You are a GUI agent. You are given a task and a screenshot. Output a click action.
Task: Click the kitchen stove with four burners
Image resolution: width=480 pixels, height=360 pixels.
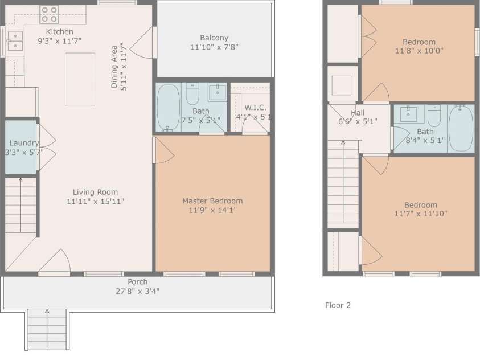click(x=50, y=14)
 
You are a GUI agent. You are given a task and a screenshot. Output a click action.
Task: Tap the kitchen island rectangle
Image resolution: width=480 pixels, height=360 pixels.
click(x=80, y=79)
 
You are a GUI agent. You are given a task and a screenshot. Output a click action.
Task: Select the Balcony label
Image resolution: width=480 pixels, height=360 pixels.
click(x=214, y=38)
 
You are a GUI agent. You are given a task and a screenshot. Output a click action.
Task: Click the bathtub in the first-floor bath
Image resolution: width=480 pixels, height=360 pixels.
click(x=168, y=108)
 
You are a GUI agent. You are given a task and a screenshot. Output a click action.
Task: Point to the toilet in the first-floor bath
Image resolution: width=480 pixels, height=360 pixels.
click(x=192, y=93)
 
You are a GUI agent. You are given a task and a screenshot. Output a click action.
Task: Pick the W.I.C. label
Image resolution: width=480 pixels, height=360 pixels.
click(x=255, y=108)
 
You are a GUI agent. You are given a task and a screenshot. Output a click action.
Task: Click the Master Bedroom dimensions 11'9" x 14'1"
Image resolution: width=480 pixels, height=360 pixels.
click(x=213, y=210)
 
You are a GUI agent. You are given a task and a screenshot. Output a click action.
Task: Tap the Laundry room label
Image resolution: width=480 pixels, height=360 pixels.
click(x=24, y=142)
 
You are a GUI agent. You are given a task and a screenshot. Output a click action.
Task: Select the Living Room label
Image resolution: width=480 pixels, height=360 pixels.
click(x=95, y=192)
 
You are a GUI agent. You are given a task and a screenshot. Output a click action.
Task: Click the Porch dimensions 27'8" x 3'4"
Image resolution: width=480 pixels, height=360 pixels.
click(x=137, y=291)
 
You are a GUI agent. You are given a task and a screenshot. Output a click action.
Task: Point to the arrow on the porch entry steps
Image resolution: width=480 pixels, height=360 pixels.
click(x=47, y=329)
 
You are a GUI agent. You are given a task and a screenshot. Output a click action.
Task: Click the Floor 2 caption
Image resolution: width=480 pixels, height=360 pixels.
click(x=338, y=305)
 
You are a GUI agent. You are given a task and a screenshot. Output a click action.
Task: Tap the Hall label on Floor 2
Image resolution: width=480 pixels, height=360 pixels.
click(x=358, y=113)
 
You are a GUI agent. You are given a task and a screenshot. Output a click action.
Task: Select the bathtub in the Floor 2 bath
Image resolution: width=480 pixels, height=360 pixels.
click(x=461, y=128)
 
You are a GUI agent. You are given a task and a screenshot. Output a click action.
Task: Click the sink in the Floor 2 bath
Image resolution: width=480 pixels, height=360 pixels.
click(x=408, y=114)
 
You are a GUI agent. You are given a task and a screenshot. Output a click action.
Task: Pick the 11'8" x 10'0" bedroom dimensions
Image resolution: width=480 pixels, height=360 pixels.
click(x=420, y=51)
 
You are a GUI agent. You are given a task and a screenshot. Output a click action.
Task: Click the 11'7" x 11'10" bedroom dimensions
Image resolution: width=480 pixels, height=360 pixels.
click(x=421, y=214)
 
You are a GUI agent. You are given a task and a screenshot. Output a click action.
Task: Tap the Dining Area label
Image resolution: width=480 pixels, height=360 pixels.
click(x=114, y=67)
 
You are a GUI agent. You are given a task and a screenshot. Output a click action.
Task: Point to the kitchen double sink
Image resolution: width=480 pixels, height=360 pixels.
click(x=15, y=40)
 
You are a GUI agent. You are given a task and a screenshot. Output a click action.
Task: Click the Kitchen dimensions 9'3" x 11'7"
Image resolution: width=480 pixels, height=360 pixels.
click(x=60, y=40)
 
